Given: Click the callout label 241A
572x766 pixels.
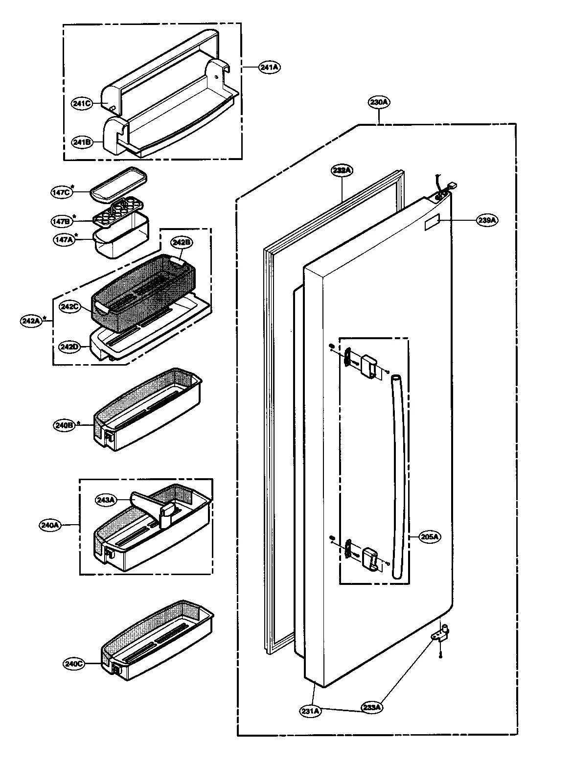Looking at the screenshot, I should [x=270, y=68].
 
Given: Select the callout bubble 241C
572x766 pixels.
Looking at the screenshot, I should [x=81, y=103].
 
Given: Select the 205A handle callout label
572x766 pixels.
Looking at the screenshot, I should [x=431, y=536].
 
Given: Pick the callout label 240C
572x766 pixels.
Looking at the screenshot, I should [x=74, y=664].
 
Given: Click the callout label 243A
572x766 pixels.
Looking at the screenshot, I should [x=106, y=500].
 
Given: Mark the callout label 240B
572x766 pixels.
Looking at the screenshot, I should [x=64, y=425].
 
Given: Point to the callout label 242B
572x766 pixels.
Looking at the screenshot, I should [x=181, y=242].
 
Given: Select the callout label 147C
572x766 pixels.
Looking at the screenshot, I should [x=61, y=192].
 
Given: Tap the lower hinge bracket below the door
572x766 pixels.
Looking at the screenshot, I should [x=440, y=637].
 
